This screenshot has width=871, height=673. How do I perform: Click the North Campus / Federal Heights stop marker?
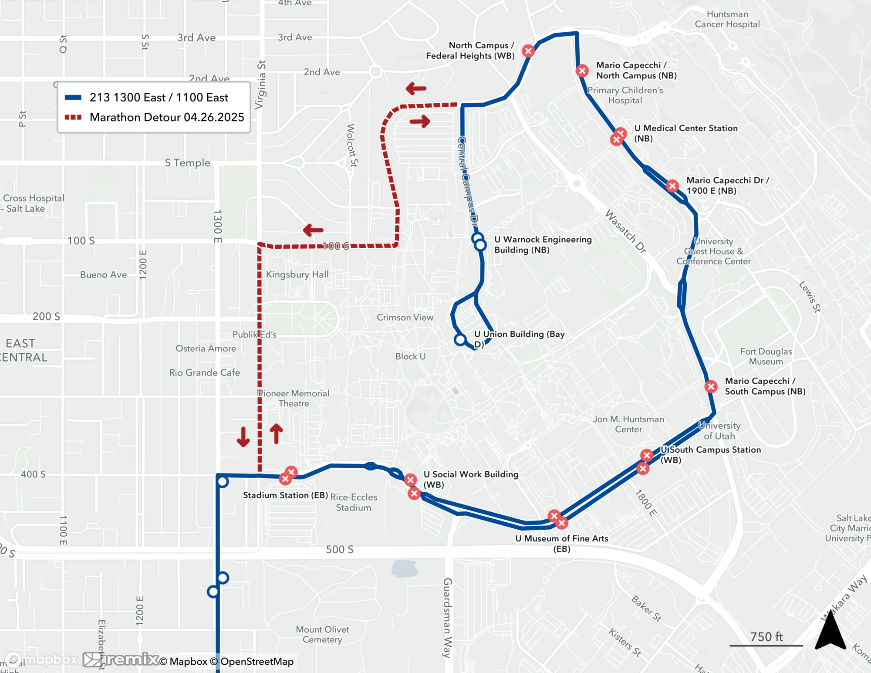point(528,51)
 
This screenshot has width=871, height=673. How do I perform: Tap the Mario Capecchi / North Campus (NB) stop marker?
point(582,71)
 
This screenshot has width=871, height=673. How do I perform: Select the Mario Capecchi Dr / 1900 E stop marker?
point(672,186)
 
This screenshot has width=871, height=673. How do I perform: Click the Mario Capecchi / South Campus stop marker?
point(711,386)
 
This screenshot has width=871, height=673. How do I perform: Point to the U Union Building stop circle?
point(460,340)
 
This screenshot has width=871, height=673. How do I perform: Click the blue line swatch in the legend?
point(73,98)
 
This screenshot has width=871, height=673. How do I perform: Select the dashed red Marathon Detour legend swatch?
point(73,117)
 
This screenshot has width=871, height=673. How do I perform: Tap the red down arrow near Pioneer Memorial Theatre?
point(243,437)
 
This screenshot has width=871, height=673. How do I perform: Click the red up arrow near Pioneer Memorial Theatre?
point(276,434)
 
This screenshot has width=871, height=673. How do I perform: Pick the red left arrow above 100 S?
point(313,230)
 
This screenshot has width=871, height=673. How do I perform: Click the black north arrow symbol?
point(830,631)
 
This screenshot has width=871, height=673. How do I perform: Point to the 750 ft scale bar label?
point(766,637)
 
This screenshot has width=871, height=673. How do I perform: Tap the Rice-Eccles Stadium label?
point(354,502)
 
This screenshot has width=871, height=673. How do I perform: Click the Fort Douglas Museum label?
point(766,356)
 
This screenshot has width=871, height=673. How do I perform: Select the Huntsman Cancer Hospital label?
point(727,19)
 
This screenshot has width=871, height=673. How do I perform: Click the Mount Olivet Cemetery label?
point(322,634)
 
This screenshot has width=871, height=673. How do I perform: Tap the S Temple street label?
point(187,163)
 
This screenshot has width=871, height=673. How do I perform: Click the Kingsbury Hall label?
point(297,274)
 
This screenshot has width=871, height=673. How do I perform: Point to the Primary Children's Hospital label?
point(625,95)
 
